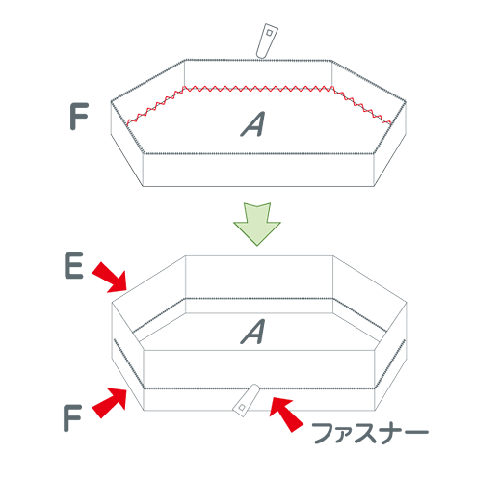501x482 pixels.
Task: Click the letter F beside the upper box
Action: pos(79,117)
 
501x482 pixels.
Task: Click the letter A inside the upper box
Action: pos(253,124)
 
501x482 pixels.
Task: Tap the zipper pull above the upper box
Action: pos(267,40)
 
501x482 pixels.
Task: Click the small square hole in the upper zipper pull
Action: pos(270,33)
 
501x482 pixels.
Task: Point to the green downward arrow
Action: pos(257,224)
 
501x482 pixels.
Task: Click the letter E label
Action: pos(74,265)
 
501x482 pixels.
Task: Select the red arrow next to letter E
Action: pos(110,278)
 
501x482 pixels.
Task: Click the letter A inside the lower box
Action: pos(253,332)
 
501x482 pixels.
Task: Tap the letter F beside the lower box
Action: pos(72,417)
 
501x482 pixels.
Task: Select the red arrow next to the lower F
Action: pos(110,402)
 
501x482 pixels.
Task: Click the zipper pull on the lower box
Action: pos(246,400)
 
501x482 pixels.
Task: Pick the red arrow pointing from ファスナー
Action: pos(286,415)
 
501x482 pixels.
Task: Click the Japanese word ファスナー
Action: pos(370,433)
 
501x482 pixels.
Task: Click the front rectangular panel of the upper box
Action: pos(258,170)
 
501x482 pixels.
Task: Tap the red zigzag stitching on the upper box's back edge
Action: pos(258,89)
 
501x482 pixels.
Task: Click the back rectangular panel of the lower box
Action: pos(259,277)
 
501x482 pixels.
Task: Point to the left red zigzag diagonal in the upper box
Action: pos(155,105)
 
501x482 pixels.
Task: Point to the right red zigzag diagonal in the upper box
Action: pos(362,105)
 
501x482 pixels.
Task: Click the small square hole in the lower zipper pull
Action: pos(242,408)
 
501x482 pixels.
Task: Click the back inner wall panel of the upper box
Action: pos(258,74)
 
